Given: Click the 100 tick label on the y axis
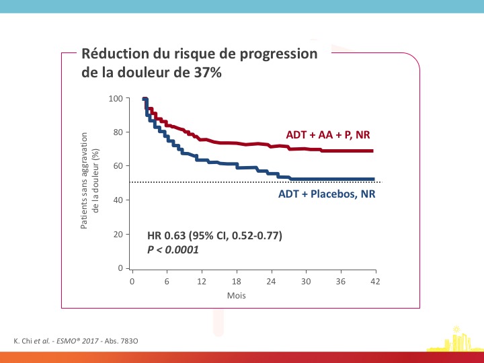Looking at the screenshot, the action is coord(116,98).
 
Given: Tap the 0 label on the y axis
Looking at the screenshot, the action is coord(120,268).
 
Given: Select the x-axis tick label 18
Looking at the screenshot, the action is coord(237,282).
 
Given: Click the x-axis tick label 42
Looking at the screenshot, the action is coord(375,282).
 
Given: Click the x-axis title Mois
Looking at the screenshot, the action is coord(237,296).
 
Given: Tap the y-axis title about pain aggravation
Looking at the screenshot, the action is coord(89,181).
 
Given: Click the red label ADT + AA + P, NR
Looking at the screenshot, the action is coord(328,135).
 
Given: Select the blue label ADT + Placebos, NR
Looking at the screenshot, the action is coord(327,194).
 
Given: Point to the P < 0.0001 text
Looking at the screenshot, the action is coord(173,249).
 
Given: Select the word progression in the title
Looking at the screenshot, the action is coord(279,54).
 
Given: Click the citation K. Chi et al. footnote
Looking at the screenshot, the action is coord(76,341).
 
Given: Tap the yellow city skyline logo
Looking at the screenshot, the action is coord(455,339).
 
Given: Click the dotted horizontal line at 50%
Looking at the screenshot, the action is coord(255,182).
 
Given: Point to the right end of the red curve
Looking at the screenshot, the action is coord(373,151).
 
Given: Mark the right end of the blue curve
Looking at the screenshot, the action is coord(374,179).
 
